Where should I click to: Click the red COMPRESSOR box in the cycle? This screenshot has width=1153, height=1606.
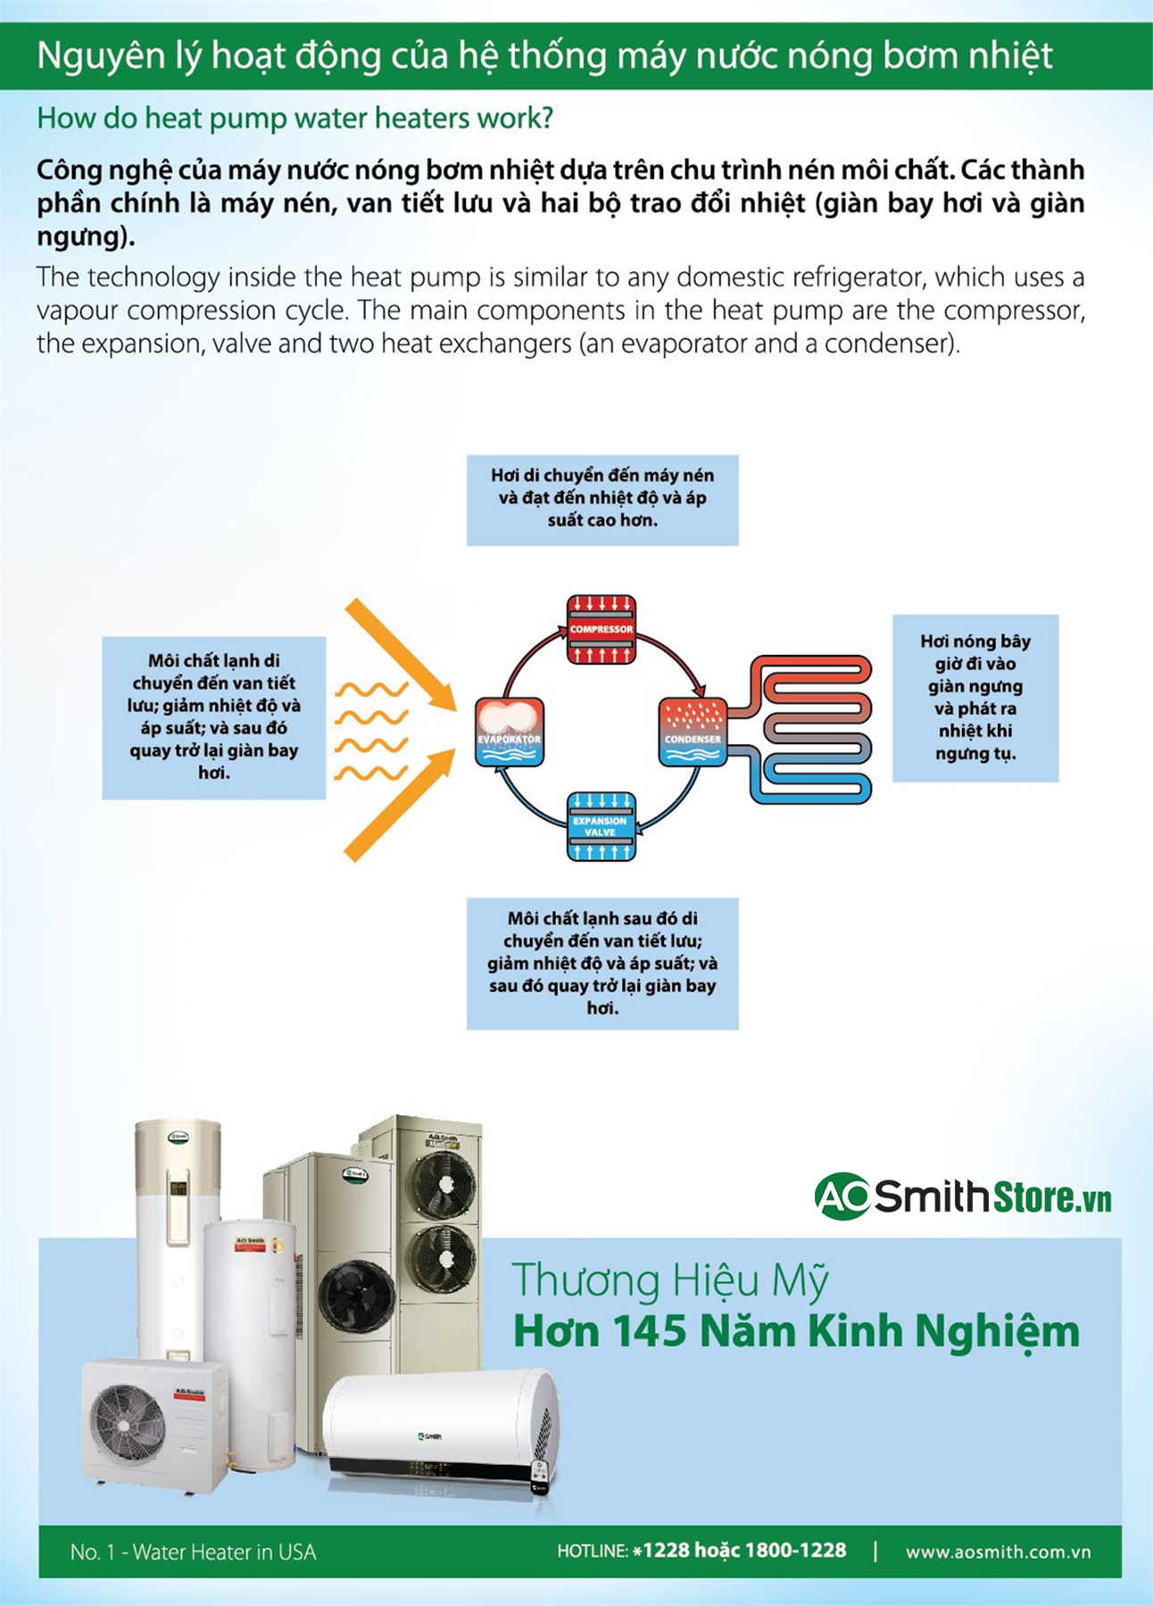click(601, 629)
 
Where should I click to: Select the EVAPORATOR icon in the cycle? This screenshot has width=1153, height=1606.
click(510, 733)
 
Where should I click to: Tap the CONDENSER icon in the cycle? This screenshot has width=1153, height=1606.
click(693, 733)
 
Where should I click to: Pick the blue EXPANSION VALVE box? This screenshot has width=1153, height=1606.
click(601, 826)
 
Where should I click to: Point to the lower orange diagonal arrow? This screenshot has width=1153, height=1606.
click(398, 806)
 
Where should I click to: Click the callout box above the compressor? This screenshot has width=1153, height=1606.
click(602, 500)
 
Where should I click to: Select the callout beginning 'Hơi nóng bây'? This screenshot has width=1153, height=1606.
click(975, 698)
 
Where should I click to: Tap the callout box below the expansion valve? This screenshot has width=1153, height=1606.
click(602, 964)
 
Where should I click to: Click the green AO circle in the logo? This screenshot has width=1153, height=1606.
click(842, 1196)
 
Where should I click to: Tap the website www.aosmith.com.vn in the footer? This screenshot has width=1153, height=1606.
click(998, 1552)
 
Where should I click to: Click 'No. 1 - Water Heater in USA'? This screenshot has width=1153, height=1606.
click(193, 1552)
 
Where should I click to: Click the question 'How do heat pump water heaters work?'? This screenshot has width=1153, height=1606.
click(294, 118)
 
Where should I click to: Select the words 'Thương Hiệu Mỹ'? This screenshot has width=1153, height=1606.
click(669, 1279)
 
